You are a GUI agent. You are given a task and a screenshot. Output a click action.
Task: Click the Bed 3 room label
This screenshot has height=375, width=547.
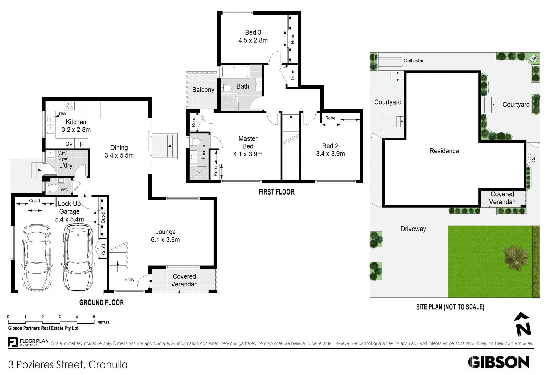coord(253,33)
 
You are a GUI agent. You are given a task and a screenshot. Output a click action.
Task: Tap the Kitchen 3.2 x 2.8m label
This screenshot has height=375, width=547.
coord(76,126)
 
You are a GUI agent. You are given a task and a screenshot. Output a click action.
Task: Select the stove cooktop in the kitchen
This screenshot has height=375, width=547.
coord(70,106)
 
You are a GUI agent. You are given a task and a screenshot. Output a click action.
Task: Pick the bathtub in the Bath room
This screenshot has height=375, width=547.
coord(235,71)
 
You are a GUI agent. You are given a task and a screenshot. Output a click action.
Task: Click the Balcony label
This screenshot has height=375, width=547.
coord(203,90)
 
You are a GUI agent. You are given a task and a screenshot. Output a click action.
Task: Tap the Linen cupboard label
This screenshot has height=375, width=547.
coord(293,75)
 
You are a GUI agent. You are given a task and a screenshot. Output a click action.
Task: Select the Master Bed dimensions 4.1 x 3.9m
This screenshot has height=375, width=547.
coord(248,154)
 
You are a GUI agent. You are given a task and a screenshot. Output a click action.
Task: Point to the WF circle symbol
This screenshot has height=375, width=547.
coord(534,59)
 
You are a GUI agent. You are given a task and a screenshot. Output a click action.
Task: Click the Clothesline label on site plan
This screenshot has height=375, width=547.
coord(414,61)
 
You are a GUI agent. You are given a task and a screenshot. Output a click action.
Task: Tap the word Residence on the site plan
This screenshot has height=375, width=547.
coord(444,151)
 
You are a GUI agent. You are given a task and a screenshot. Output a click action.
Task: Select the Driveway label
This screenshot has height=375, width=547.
coord(413,229)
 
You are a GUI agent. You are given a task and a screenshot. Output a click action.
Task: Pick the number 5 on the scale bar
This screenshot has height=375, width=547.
coord(94,317)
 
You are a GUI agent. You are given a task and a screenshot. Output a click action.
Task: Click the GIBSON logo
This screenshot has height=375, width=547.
coord(499,362)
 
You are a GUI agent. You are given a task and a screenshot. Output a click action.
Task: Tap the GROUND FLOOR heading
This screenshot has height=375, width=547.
coord(101,303)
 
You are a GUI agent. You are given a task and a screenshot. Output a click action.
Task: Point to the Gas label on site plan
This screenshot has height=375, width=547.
coord(534,158)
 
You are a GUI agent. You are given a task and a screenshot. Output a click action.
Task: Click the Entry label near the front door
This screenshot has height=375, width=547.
coord(129,280)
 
